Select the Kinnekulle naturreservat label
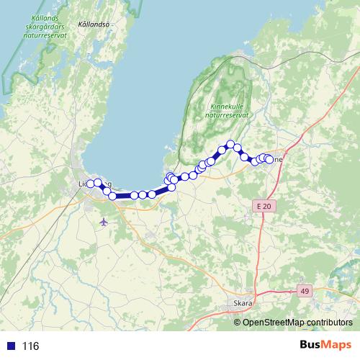[x=226, y=109]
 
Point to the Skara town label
[x=243, y=303]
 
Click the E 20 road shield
[x=264, y=207]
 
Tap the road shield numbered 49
[x=305, y=289]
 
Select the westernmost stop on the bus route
[x=90, y=184]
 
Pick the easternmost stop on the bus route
[x=269, y=159]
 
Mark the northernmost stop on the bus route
[x=230, y=144]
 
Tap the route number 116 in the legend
[x=30, y=346]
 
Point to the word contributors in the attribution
[x=330, y=322]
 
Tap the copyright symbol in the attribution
[x=238, y=322]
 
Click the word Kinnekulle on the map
[x=226, y=105]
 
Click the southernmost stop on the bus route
[x=112, y=196]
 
